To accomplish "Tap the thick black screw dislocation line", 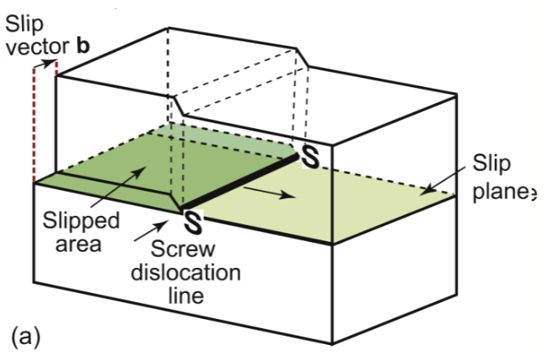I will click(239, 180).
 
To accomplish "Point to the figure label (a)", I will click(25, 337).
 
